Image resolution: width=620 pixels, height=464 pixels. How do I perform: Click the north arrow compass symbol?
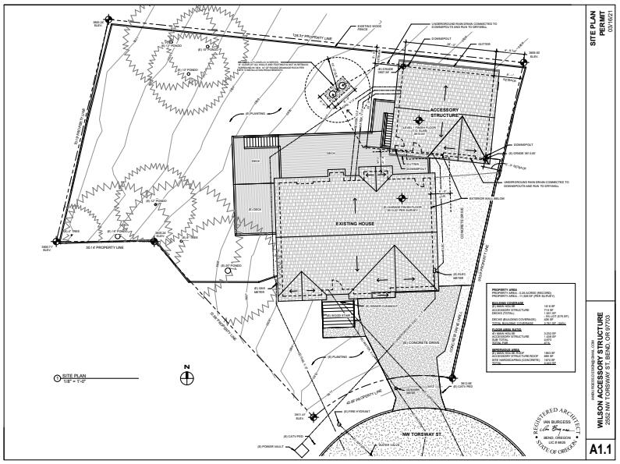coord(186,377)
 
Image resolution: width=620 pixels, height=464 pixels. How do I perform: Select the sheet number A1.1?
coord(602,449)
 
